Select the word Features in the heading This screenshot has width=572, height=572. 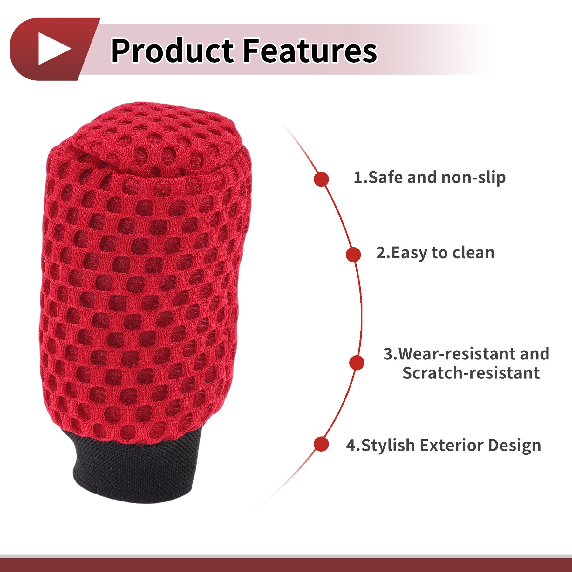coord(310,50)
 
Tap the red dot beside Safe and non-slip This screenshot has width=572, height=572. coord(321,179)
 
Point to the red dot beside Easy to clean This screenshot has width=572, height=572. coord(353,255)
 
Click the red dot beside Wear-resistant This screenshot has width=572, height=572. coord(357,363)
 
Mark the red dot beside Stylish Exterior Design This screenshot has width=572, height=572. coord(321,444)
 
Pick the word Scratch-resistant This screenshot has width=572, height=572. coord(471,373)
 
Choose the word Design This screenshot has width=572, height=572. coord(514,445)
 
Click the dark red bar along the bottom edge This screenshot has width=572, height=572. coord(286,565)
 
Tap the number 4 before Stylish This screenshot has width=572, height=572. coord(351,445)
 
